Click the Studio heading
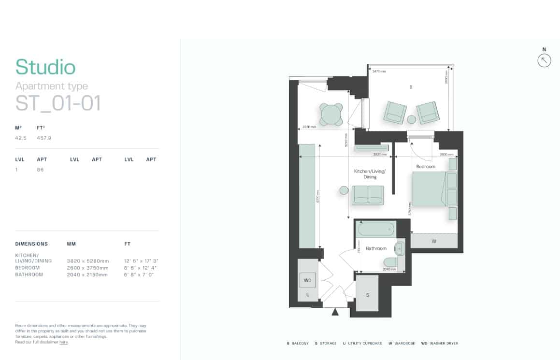click(x=45, y=67)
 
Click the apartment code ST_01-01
click(x=58, y=103)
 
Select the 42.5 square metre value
click(x=21, y=138)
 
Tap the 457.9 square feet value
click(x=44, y=138)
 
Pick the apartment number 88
click(x=40, y=170)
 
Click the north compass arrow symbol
click(x=544, y=60)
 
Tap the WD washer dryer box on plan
click(x=307, y=280)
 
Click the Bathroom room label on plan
click(x=376, y=248)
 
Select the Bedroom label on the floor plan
click(x=426, y=166)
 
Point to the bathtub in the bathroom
click(x=376, y=229)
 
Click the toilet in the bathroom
click(x=390, y=262)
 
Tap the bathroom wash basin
click(x=400, y=249)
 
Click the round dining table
click(x=331, y=115)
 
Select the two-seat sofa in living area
click(x=368, y=195)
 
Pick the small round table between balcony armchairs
click(x=411, y=119)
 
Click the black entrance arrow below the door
click(x=335, y=312)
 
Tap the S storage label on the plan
click(x=367, y=294)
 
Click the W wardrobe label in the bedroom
click(x=433, y=240)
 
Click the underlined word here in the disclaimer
click(x=63, y=342)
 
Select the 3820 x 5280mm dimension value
click(x=85, y=260)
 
